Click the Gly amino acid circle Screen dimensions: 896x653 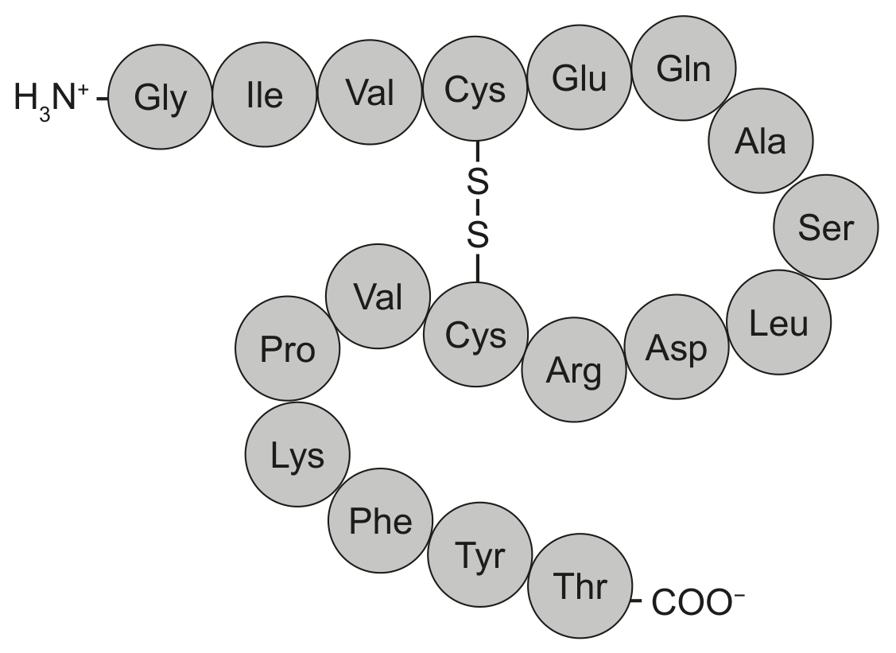pos(160,97)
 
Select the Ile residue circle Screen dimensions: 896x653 pos(265,95)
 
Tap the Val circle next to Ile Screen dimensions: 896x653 pos(370,91)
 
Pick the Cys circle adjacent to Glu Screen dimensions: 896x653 pos(475,89)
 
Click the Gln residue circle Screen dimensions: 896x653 pos(684,68)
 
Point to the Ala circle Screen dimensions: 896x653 pos(761,140)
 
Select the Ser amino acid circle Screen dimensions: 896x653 pos(826,227)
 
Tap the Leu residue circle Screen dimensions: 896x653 pos(779,322)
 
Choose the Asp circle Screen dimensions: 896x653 pos(677,347)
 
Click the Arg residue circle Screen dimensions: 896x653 pos(574,370)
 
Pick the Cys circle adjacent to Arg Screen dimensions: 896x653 pos(476,335)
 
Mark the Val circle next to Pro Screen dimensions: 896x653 pos(378,296)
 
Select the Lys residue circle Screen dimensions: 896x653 pos(297,455)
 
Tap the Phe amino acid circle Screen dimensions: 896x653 pos(381,521)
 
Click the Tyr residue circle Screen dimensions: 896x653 pos(480,554)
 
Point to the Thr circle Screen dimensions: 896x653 pos(580,586)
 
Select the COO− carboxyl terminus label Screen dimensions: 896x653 pos(698,602)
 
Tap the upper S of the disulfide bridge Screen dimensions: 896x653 pos(478,182)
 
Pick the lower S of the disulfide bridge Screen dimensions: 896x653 pos(478,235)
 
